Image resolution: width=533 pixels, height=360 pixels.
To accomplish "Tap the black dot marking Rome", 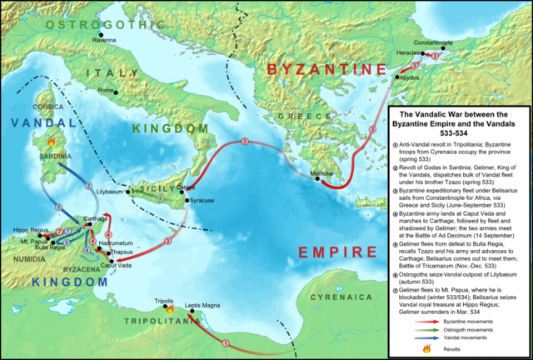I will (116, 91).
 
